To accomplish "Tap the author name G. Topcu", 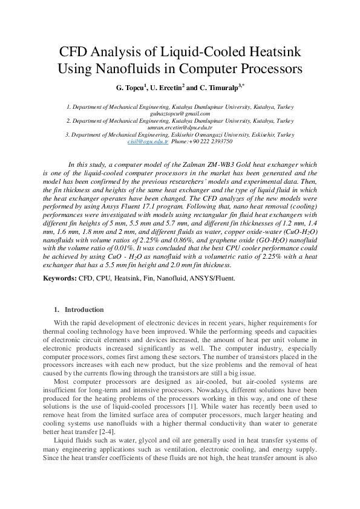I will click(131, 88).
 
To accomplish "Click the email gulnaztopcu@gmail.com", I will click(180, 113).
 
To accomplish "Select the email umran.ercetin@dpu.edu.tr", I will click(180, 128).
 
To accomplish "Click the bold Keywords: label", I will click(59, 278).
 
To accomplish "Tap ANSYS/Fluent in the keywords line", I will click(215, 278).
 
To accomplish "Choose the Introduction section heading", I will click(84, 310).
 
